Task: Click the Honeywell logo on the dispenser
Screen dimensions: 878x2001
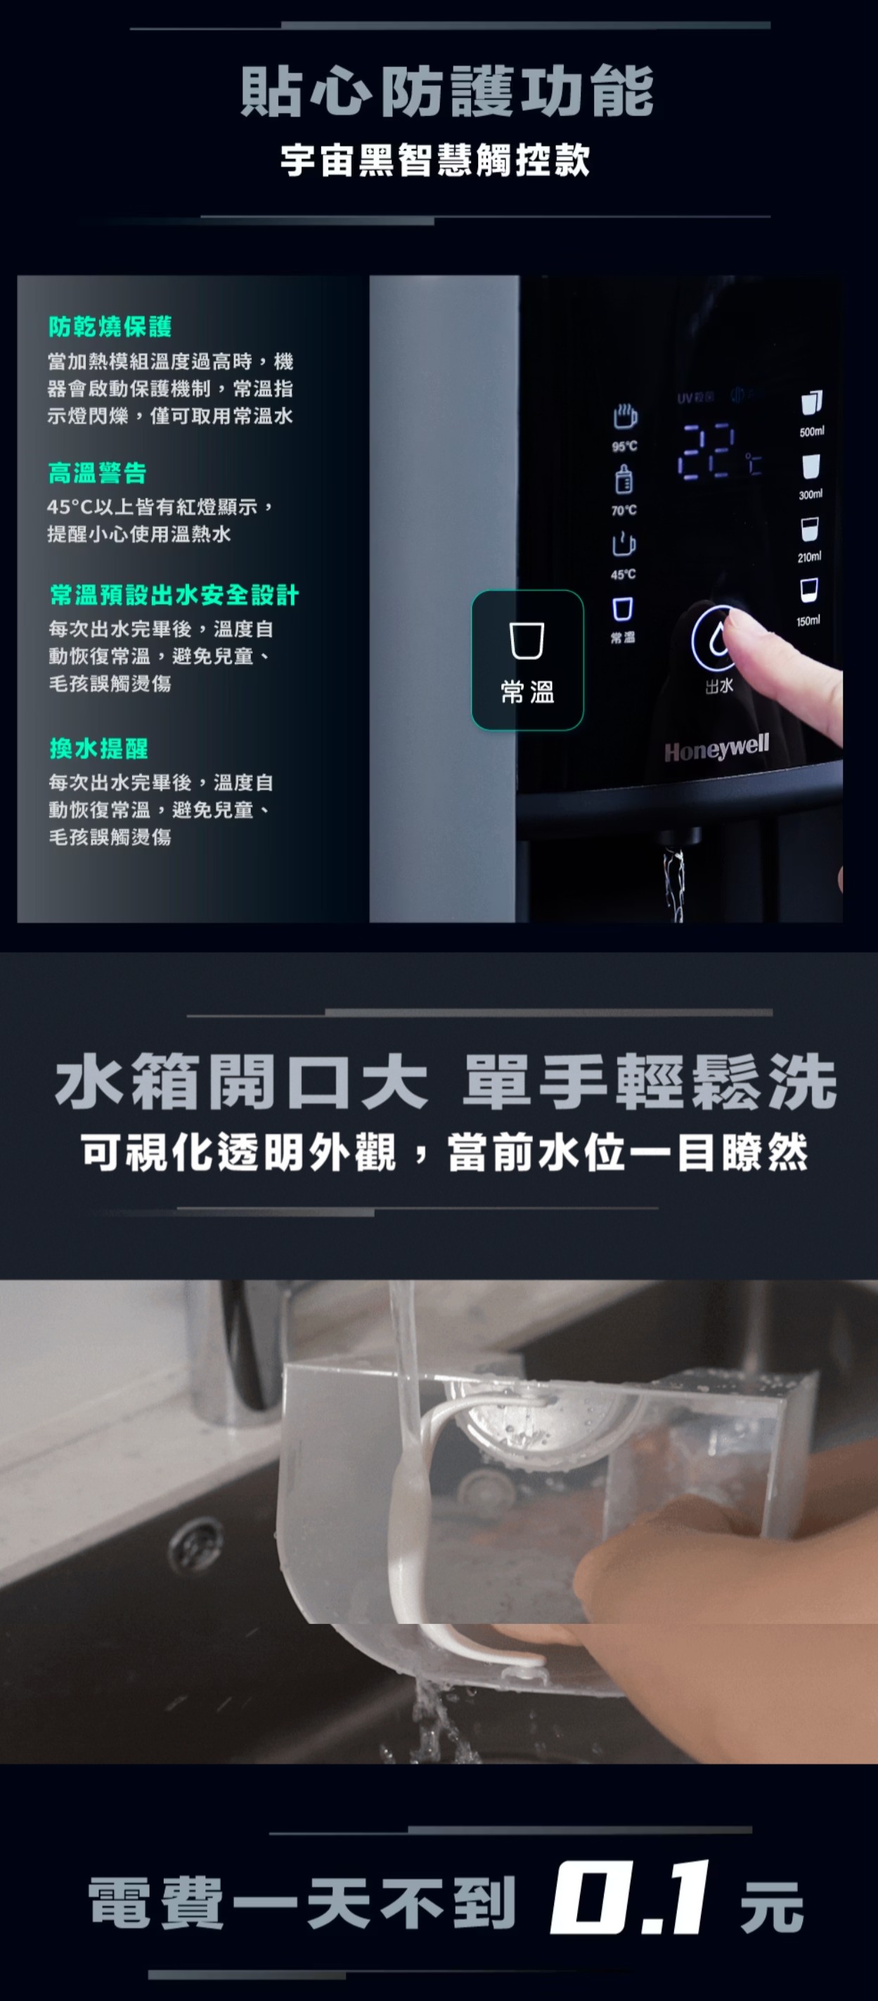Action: [x=716, y=747]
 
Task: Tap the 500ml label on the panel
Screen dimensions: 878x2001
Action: [x=811, y=431]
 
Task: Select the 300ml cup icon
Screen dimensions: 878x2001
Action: [x=811, y=466]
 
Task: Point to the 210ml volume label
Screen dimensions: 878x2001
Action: [x=809, y=557]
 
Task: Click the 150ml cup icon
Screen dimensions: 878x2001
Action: [x=809, y=591]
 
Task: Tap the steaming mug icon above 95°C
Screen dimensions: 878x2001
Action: [x=624, y=418]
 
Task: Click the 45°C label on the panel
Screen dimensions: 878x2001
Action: [x=623, y=574]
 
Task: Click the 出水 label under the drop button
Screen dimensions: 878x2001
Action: [x=719, y=686]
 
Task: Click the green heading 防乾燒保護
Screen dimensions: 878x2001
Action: [x=110, y=327]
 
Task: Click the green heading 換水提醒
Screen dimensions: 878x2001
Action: [x=98, y=748]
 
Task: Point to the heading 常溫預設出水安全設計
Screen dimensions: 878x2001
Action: [x=174, y=595]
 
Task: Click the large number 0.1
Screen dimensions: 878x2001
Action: [x=630, y=1897]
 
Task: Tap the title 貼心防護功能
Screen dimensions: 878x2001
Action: [x=447, y=91]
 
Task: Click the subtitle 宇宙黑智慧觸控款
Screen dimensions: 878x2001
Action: [x=436, y=161]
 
